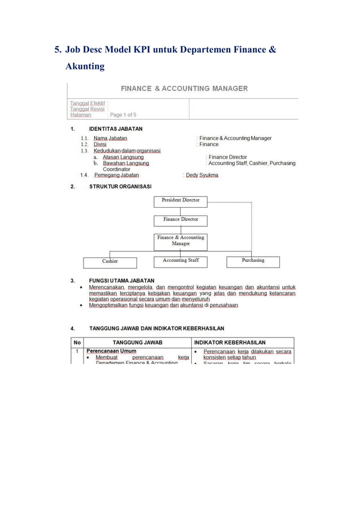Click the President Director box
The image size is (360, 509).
(181, 201)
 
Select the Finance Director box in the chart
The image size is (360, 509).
(181, 220)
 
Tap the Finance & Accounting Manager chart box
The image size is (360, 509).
(181, 241)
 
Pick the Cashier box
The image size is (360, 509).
(109, 262)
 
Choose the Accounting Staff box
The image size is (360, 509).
(181, 261)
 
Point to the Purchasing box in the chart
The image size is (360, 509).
(253, 261)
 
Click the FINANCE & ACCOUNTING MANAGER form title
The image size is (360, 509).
(184, 89)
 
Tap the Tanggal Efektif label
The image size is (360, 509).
(87, 103)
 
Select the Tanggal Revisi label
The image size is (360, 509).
(87, 109)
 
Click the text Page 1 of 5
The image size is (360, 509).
(123, 115)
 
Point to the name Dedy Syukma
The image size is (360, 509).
(202, 175)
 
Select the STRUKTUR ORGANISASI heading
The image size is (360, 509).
(120, 187)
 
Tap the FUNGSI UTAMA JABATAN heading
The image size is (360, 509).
(122, 280)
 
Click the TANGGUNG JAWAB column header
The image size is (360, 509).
(138, 343)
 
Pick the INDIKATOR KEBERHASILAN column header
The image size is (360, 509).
(230, 343)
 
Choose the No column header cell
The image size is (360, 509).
(77, 343)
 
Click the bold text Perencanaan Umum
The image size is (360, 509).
(111, 351)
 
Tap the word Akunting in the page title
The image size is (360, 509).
(85, 67)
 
